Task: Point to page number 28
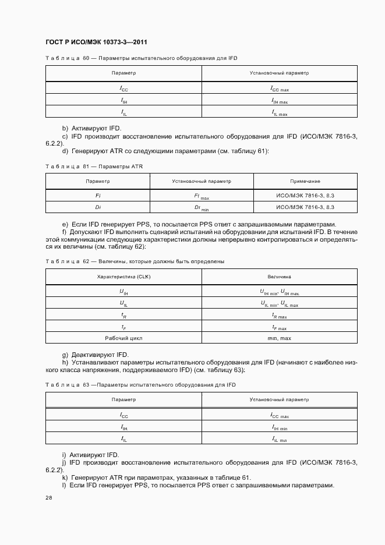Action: pyautogui.click(x=48, y=498)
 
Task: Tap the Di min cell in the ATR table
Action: pyautogui.click(x=201, y=208)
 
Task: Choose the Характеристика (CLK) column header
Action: pyautogui.click(x=123, y=277)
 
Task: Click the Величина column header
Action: pyautogui.click(x=279, y=277)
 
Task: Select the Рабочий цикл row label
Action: pyautogui.click(x=123, y=338)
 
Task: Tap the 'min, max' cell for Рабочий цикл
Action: pyautogui.click(x=279, y=338)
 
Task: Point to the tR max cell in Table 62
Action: pyautogui.click(x=279, y=316)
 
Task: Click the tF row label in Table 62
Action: pyautogui.click(x=123, y=327)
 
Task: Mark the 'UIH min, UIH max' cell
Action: pyautogui.click(x=279, y=292)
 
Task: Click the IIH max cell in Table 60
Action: pyautogui.click(x=279, y=101)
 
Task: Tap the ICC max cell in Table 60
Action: pyautogui.click(x=279, y=89)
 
